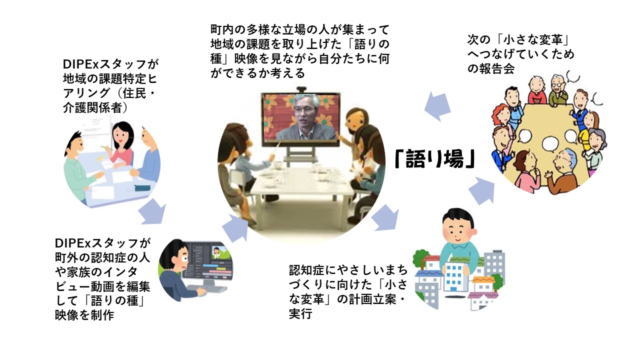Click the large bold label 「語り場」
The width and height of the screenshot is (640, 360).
pos(434,159)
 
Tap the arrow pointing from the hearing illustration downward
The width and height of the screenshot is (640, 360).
pos(152,211)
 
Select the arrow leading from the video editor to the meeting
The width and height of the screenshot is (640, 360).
pos(235,228)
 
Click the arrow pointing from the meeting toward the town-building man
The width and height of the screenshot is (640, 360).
pos(385,217)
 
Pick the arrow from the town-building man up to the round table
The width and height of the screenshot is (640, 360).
pos(482,190)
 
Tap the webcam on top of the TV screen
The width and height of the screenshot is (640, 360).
pos(300,89)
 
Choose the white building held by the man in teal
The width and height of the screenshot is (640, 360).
pos(454,276)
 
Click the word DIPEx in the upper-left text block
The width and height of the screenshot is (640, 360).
pos(80,64)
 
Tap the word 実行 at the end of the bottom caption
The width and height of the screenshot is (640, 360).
pos(300,314)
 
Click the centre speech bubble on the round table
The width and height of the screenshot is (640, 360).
pos(550,144)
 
